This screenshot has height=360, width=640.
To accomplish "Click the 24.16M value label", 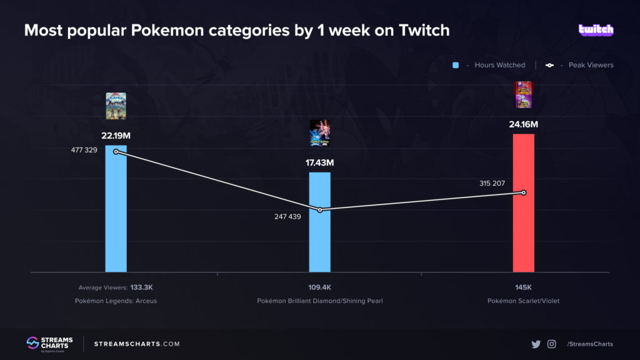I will (x=523, y=124).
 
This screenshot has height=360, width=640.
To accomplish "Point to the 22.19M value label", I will (x=116, y=136).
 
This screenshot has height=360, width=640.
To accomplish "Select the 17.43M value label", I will (x=319, y=163).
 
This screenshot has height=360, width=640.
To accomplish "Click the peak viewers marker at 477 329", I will (x=116, y=152).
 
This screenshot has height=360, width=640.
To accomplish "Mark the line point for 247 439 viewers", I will (x=319, y=210).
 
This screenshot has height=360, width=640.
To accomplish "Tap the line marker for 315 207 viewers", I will (x=523, y=192).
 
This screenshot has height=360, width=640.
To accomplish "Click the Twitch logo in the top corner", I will (x=596, y=29).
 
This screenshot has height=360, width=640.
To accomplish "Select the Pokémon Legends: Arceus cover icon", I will (x=116, y=106).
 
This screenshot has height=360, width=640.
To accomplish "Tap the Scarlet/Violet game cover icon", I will (x=523, y=95).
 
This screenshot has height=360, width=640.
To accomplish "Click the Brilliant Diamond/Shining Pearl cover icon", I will (x=319, y=133).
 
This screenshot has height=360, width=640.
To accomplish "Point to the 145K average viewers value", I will (x=523, y=287).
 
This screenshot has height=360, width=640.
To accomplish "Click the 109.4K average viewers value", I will (x=319, y=287).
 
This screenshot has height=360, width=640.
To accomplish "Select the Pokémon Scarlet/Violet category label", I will (x=523, y=301).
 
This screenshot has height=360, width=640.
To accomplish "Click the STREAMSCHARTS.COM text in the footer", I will (x=137, y=344).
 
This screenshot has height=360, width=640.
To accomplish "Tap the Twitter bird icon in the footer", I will (x=536, y=344).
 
